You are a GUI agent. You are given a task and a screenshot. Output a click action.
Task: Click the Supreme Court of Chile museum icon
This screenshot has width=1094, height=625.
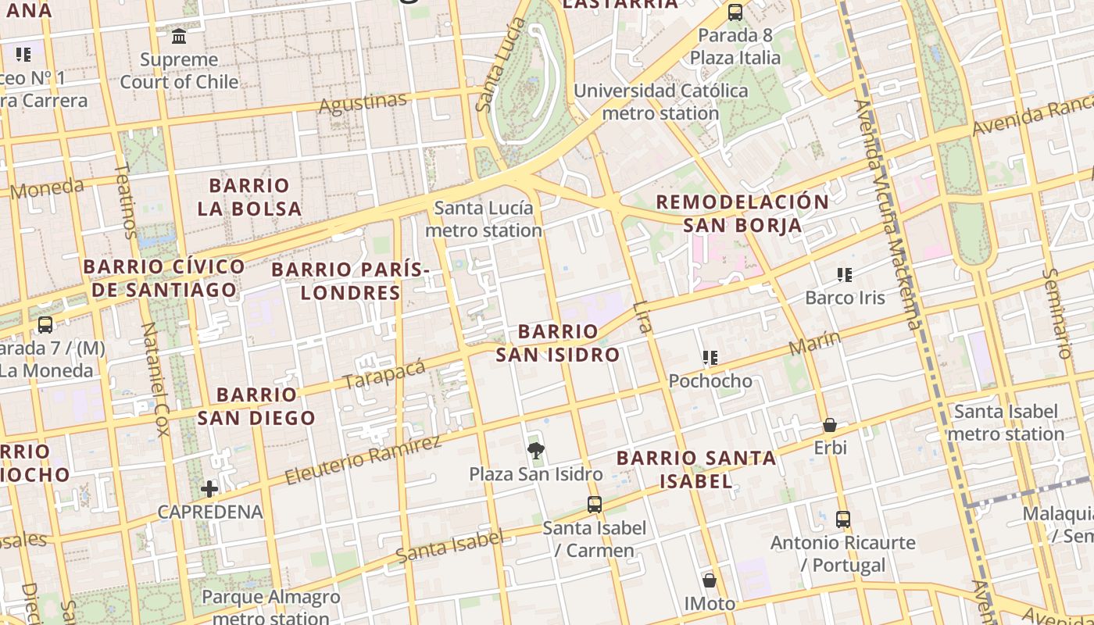[179, 36]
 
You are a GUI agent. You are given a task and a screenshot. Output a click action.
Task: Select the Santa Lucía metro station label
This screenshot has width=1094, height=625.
[484, 220]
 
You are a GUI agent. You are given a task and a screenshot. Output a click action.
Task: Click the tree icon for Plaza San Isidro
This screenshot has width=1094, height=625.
[535, 450]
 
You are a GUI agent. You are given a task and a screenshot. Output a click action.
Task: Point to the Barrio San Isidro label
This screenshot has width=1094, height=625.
[558, 343]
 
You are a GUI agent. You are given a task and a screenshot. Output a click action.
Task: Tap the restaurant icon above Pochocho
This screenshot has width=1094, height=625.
[710, 358]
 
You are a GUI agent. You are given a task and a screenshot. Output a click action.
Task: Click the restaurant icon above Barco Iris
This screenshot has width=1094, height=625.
[845, 274]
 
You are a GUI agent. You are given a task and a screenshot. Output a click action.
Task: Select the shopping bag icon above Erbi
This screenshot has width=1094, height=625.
[830, 425]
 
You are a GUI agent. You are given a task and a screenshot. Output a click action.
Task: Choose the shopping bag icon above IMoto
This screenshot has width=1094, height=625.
[710, 580]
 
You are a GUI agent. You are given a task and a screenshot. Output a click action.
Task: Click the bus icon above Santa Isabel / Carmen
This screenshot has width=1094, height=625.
[595, 505]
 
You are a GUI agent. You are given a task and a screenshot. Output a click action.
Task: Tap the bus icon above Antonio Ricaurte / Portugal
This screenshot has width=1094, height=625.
[842, 519]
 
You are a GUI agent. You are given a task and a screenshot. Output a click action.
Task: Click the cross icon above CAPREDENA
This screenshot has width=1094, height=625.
[209, 490]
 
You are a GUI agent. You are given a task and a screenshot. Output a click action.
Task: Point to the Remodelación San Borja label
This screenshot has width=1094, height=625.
[742, 213]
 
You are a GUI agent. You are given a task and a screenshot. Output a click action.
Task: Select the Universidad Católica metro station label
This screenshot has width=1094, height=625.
[661, 102]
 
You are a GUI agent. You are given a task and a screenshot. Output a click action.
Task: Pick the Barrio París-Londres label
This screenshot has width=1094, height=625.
[351, 281]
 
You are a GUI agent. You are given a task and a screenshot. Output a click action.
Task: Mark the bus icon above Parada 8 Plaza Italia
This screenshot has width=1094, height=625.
[735, 12]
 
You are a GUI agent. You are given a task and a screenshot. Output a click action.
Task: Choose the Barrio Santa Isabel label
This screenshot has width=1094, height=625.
[696, 470]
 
